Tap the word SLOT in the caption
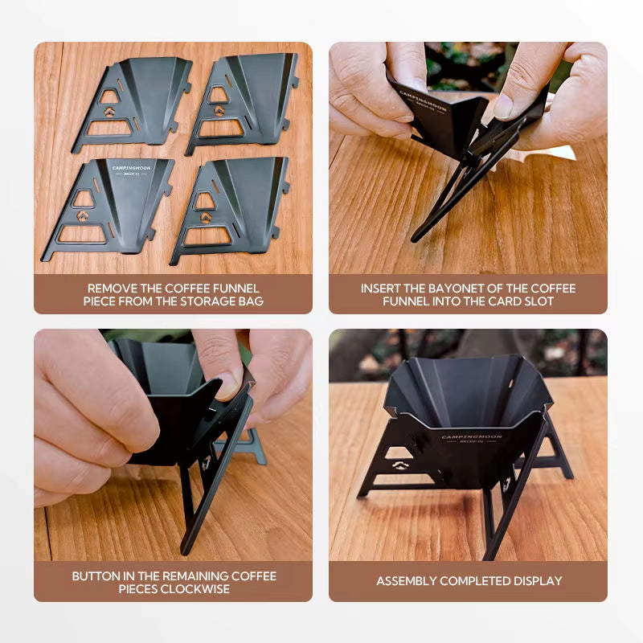[539, 301]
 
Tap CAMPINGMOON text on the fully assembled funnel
[472, 436]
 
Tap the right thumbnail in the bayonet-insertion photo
[505, 106]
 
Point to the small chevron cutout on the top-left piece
[109, 112]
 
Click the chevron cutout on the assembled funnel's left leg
[399, 465]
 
